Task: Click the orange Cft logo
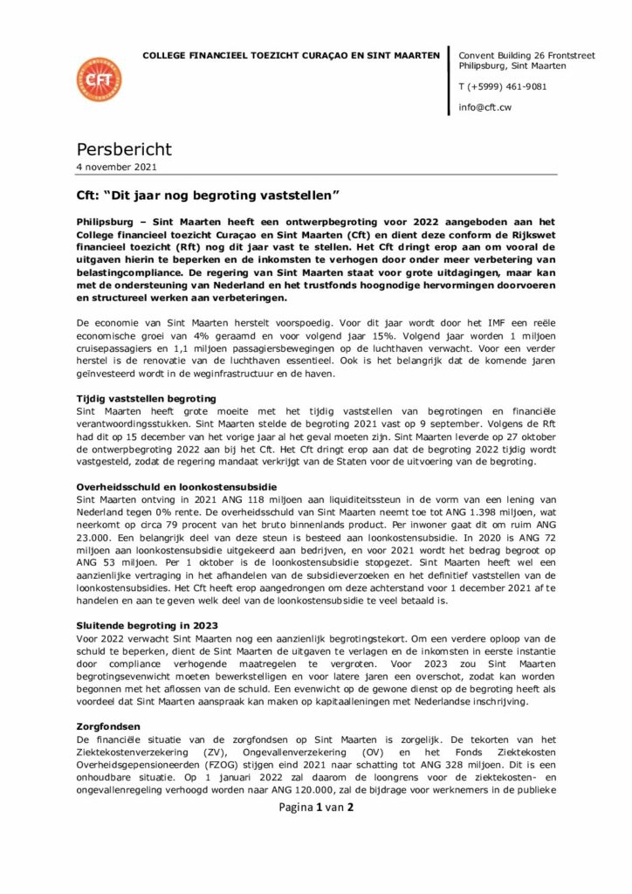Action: pyautogui.click(x=99, y=79)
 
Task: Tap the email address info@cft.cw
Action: pyautogui.click(x=484, y=107)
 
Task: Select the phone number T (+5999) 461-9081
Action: pyautogui.click(x=503, y=86)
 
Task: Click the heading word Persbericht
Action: pyautogui.click(x=124, y=149)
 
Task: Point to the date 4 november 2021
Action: pyautogui.click(x=117, y=167)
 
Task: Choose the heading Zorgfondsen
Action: pyautogui.click(x=108, y=726)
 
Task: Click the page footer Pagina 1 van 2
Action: pyautogui.click(x=315, y=808)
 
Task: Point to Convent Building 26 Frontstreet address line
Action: pyautogui.click(x=526, y=55)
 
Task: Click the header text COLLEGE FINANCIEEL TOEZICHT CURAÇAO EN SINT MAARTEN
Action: pyautogui.click(x=292, y=55)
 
